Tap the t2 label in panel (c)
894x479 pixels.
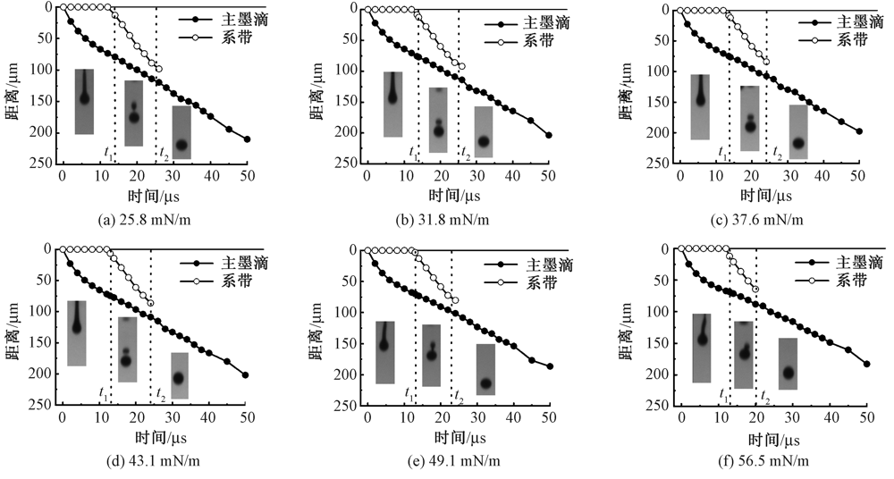click(x=778, y=154)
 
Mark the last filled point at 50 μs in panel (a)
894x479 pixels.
click(x=247, y=139)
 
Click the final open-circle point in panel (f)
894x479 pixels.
click(x=755, y=289)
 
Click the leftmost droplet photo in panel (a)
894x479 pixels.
click(x=84, y=102)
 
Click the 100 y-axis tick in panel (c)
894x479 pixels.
click(x=661, y=71)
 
